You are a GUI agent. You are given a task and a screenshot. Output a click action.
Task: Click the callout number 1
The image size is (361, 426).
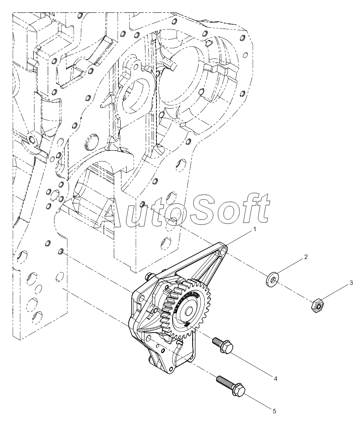point(254,229)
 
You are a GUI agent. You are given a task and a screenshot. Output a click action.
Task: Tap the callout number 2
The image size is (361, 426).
point(306,257)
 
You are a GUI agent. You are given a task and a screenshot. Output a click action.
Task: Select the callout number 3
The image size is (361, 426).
point(351,283)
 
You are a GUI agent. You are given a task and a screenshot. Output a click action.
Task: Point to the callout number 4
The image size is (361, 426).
point(275,379)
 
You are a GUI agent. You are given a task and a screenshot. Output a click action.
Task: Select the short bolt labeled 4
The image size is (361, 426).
point(223,345)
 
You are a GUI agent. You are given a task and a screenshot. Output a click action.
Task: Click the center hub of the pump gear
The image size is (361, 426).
point(189,311)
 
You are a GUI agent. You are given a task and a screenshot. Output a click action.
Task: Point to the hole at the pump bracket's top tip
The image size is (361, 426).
point(224,250)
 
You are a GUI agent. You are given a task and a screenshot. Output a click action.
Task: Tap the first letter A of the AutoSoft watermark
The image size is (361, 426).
point(109,211)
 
